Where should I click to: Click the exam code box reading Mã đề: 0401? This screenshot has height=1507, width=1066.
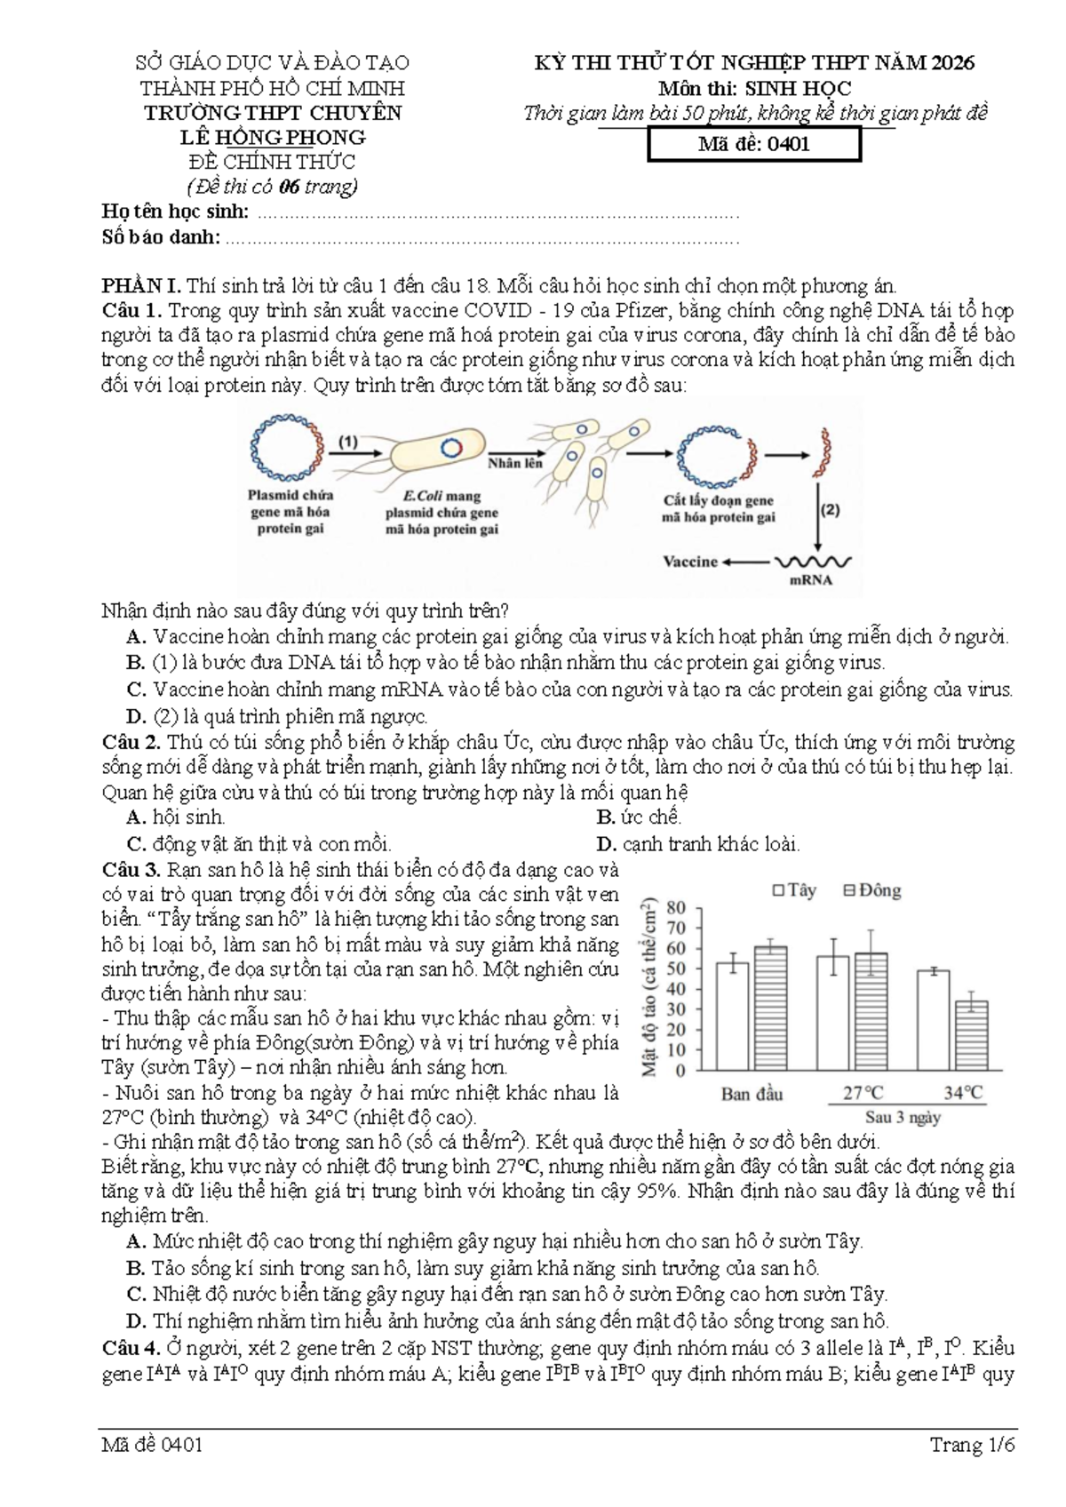click(754, 145)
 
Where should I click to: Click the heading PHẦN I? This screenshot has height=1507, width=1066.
click(141, 287)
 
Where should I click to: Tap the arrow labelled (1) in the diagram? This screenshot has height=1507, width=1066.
click(356, 453)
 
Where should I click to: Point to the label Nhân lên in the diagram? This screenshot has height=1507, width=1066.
click(515, 463)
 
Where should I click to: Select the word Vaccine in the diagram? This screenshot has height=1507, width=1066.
click(690, 561)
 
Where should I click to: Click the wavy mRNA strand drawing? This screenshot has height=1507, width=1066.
click(814, 562)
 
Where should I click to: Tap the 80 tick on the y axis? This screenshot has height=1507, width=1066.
click(677, 907)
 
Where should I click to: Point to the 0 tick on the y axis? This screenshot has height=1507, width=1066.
click(680, 1070)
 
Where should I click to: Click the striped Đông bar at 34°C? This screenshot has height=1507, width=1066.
click(971, 1035)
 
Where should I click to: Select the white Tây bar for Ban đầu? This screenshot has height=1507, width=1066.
click(732, 1016)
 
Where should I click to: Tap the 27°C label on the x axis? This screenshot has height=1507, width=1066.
click(863, 1093)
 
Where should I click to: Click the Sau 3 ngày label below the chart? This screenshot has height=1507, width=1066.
click(903, 1118)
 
